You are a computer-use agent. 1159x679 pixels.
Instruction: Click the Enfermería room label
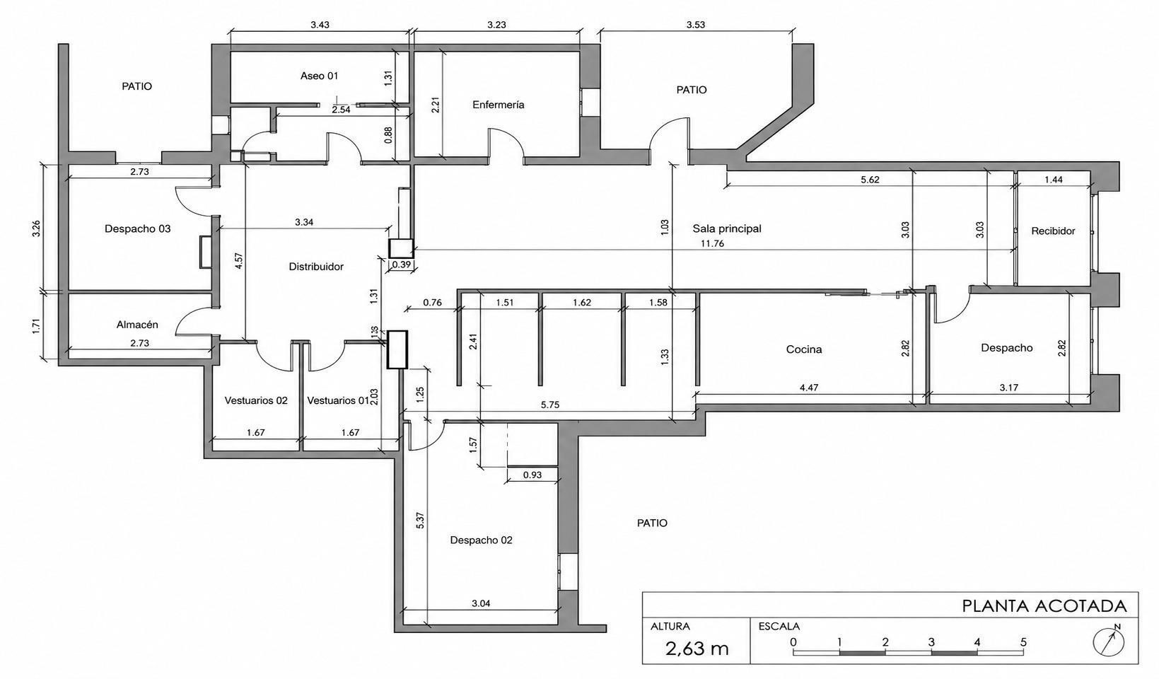coord(499,105)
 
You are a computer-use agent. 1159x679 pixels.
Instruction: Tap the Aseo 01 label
coord(319,76)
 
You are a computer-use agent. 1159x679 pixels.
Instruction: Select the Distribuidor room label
coord(316,267)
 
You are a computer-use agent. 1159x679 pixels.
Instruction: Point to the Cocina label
coord(804,349)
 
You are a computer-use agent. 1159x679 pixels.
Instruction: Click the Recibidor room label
coord(1053,231)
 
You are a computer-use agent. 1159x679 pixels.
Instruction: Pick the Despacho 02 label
coord(481,540)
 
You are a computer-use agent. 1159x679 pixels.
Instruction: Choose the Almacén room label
coord(137,325)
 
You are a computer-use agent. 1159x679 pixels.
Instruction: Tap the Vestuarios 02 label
coord(256,400)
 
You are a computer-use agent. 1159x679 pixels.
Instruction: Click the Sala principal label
coord(727,228)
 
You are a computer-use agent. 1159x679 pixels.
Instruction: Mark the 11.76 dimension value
coord(713,243)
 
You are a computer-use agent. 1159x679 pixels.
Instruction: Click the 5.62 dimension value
coord(870,180)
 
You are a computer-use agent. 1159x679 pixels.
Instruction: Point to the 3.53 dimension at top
coord(695,25)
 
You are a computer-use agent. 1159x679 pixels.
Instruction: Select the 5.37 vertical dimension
coord(420,520)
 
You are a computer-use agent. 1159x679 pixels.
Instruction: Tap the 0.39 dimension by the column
coord(402,265)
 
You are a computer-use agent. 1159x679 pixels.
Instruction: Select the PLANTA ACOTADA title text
coord(1044,606)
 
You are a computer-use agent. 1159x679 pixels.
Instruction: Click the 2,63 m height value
coord(697,649)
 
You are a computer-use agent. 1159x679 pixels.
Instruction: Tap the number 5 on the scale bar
coord(1023,642)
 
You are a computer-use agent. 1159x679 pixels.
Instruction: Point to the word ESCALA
coord(779,626)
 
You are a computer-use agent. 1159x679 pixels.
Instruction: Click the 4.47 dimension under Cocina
coord(809,387)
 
